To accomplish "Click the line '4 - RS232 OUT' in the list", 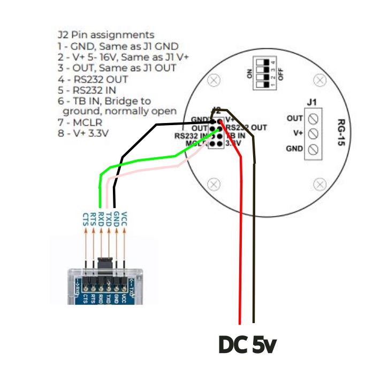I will coord(93,79).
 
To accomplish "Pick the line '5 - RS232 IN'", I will coord(87,90).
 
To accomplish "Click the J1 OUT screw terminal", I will coord(314,118).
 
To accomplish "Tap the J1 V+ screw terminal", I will coord(314,133).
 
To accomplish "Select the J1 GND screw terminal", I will coord(314,148).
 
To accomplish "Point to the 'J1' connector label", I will coord(312,102).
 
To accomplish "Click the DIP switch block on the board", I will coord(265,71).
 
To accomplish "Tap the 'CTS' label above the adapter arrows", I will coord(86,218).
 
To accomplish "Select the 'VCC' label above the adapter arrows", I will coord(125,218).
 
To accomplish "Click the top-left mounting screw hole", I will coord(215,80).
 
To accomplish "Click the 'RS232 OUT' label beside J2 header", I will coord(246,128).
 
